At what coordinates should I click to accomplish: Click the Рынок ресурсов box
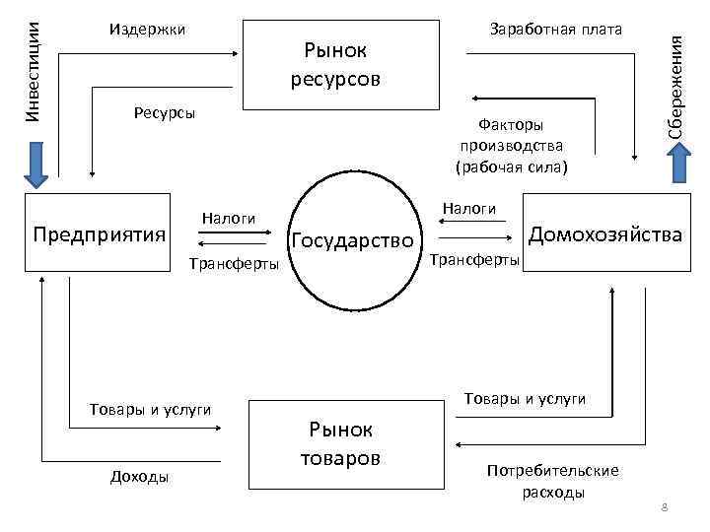tap(341, 63)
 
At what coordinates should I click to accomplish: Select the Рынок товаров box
tap(341, 443)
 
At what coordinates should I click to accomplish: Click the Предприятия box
tap(99, 234)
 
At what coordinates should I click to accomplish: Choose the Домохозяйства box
tap(605, 234)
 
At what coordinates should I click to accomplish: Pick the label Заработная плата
tap(556, 29)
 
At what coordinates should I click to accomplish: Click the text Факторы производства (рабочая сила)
tap(511, 146)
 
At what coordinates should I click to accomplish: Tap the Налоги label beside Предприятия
tap(228, 218)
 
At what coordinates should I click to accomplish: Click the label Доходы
tap(139, 477)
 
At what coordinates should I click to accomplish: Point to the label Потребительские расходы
tap(553, 481)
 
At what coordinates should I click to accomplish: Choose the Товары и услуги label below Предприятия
tap(150, 410)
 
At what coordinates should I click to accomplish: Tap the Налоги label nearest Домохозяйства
tap(468, 208)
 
